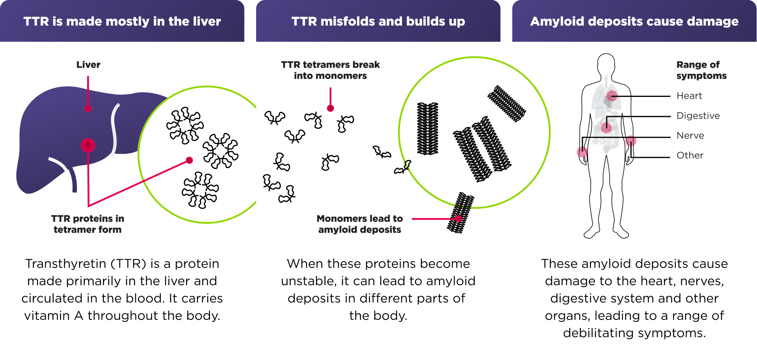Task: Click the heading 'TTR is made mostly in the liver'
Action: pos(122,21)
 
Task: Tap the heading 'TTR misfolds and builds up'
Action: pos(378,21)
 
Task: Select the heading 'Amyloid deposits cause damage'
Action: pos(634,21)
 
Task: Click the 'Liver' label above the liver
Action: pos(88,65)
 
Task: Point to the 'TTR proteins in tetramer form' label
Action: pos(87,224)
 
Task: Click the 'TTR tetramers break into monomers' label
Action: pos(330,70)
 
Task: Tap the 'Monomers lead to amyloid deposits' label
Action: pos(359,224)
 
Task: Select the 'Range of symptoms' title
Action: pos(701,70)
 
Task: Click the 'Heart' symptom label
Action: pos(689,96)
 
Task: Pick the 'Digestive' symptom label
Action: pos(698,116)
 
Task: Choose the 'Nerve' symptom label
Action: pos(690,135)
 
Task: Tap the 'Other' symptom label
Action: pos(690,156)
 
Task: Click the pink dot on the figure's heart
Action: pos(612,96)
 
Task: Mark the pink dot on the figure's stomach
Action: pos(606,127)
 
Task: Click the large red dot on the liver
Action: pos(88,145)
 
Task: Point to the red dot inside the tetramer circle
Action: pos(190,160)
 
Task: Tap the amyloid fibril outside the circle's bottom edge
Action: pos(461,213)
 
